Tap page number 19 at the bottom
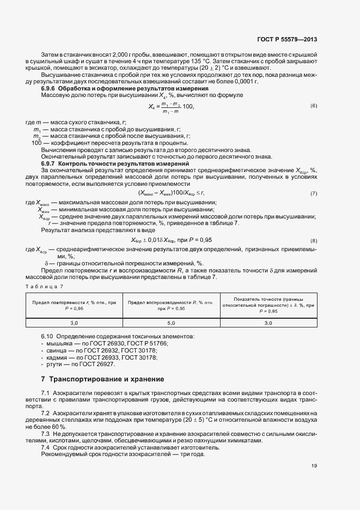point(314,466)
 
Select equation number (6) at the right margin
point(314,105)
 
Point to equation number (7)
point(314,193)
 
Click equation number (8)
point(314,240)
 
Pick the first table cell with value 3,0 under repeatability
point(74,323)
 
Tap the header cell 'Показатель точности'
point(269,305)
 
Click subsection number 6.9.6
point(48,88)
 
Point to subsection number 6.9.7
point(48,163)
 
